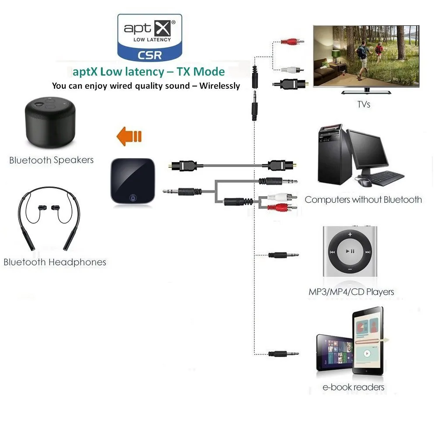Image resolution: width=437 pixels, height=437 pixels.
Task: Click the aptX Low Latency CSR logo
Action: (x=149, y=37)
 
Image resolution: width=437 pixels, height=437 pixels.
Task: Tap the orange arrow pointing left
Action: (x=129, y=137)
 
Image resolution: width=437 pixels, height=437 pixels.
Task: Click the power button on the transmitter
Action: (x=133, y=198)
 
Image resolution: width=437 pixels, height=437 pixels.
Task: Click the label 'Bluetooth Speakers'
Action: (x=52, y=160)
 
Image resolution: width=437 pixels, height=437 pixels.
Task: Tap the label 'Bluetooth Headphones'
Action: (x=55, y=262)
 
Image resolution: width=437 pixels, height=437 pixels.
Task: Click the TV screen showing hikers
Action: (x=366, y=56)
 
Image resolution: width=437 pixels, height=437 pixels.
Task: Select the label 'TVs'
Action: (x=364, y=104)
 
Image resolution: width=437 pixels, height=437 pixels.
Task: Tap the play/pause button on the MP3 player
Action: (x=350, y=251)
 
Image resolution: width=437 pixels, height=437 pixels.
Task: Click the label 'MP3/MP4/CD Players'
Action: (x=351, y=291)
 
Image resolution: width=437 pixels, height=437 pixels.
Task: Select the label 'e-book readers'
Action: (x=354, y=387)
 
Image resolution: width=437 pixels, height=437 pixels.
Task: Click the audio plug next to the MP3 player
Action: (x=283, y=254)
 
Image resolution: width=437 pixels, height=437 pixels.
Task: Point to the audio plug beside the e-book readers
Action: (x=283, y=354)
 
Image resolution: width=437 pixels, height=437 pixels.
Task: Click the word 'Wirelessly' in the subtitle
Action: (x=220, y=86)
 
